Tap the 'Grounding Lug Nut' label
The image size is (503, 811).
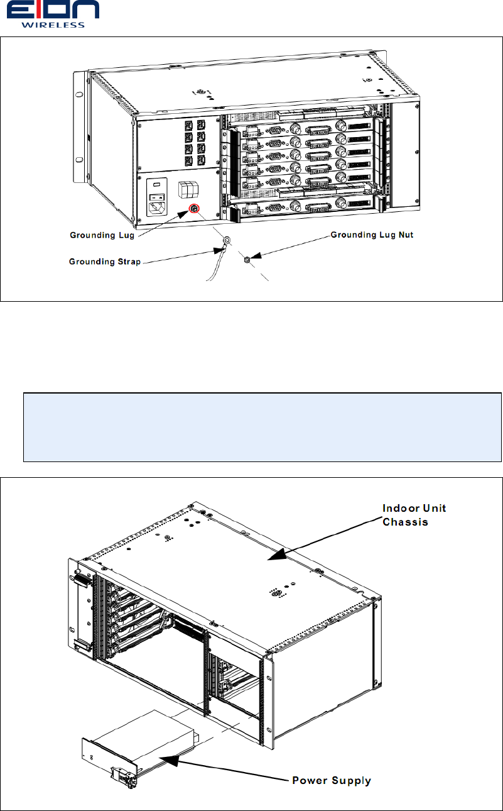[x=373, y=235]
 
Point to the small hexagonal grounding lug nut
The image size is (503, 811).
[x=247, y=258]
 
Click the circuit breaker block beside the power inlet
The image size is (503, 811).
[x=187, y=190]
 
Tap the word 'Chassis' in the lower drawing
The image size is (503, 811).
[x=406, y=522]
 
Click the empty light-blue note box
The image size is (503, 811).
[x=262, y=428]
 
